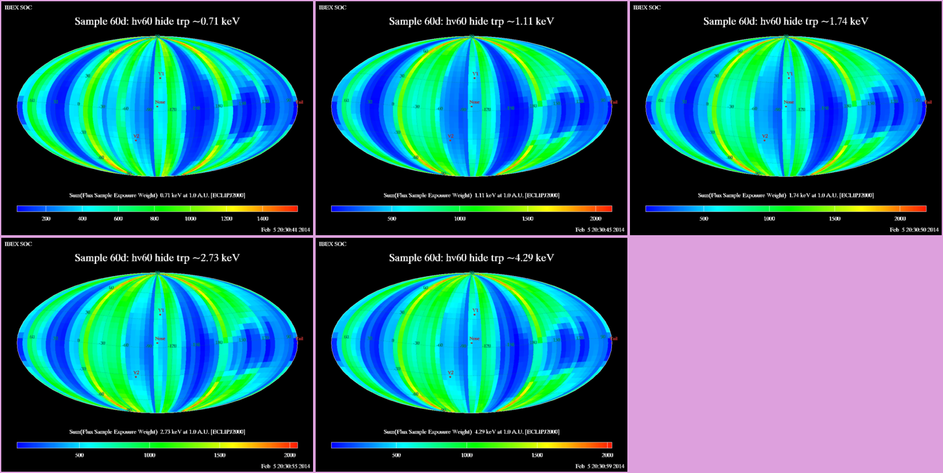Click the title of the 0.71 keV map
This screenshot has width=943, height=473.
click(157, 21)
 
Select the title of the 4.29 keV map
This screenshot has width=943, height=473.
click(471, 258)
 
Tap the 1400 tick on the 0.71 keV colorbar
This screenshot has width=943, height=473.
click(262, 219)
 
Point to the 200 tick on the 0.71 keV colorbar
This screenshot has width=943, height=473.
click(46, 219)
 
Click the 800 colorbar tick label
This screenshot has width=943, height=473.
click(154, 219)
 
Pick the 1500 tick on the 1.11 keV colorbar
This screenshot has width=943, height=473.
click(527, 219)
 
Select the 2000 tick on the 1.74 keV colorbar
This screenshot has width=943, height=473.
click(900, 219)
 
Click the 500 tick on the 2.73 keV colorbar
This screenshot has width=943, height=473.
click(79, 455)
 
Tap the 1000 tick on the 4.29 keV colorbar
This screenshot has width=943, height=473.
click(466, 455)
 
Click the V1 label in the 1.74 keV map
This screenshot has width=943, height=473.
click(790, 75)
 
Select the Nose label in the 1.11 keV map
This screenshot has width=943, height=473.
click(475, 102)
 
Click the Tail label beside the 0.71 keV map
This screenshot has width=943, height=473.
click(299, 102)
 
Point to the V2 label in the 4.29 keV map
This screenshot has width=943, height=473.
click(451, 373)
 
